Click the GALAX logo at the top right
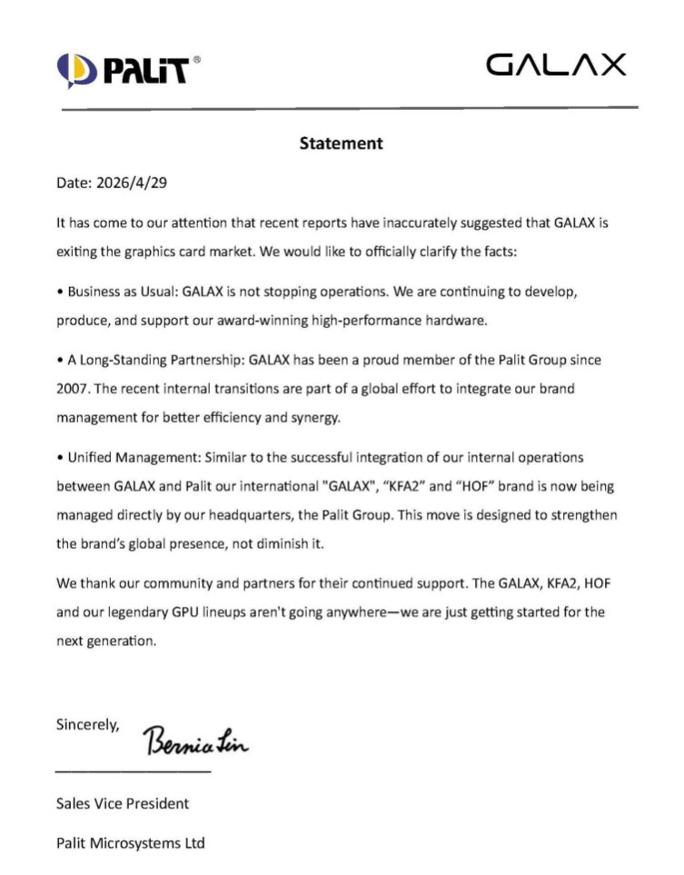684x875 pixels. click(x=556, y=65)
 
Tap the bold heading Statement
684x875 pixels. click(x=342, y=144)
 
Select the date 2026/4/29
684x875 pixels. click(x=132, y=183)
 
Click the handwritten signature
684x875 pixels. click(x=196, y=742)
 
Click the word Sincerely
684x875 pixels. click(x=87, y=725)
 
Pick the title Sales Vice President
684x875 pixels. click(x=123, y=803)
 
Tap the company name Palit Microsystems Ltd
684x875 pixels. click(x=130, y=843)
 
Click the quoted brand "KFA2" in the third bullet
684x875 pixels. click(x=398, y=486)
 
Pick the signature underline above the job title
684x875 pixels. click(x=133, y=771)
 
